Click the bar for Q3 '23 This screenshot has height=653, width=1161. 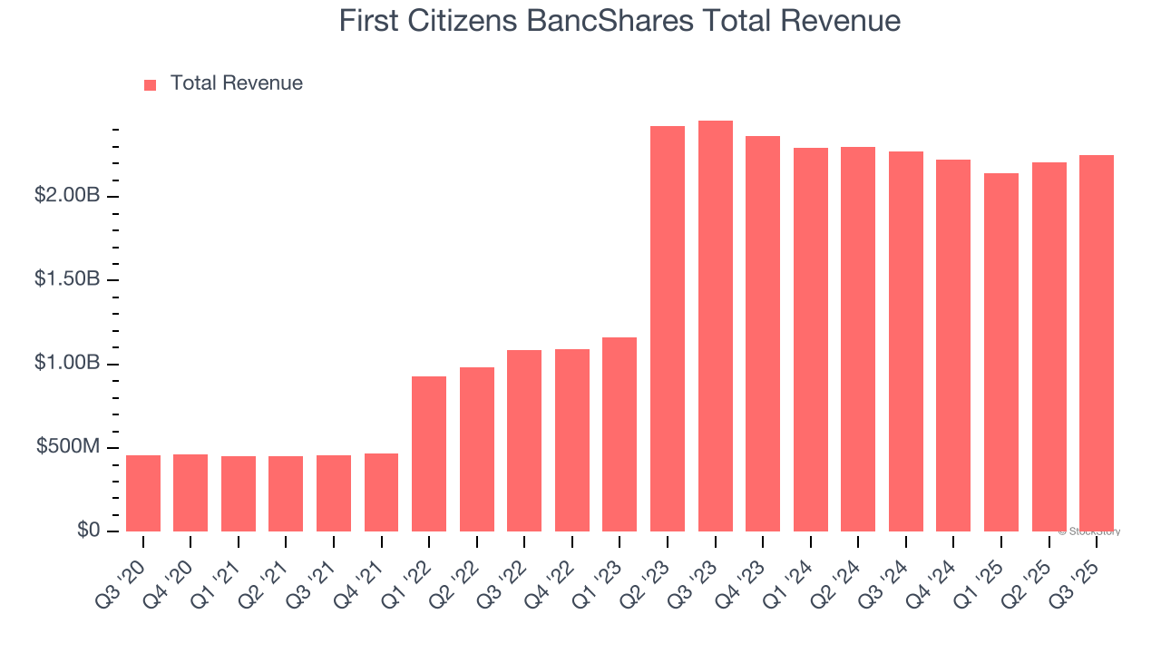716,326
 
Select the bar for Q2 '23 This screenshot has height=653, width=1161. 668,329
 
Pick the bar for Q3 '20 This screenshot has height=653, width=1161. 143,493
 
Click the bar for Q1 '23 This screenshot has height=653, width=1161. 620,434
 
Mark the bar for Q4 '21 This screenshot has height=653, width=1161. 381,492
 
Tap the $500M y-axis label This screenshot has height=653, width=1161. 68,447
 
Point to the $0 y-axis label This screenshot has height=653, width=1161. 88,530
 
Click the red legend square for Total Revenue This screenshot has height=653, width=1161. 151,85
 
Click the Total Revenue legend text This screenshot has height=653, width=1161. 237,83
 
